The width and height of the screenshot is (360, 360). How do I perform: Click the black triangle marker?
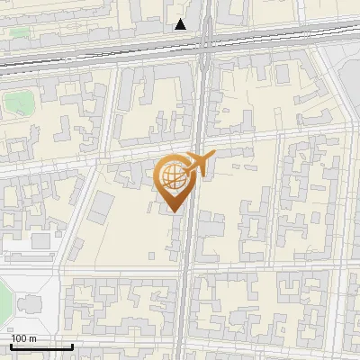[181, 24]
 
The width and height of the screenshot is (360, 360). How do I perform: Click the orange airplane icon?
[199, 163]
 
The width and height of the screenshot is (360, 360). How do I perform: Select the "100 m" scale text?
[23, 338]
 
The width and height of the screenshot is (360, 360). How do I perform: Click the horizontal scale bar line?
[41, 346]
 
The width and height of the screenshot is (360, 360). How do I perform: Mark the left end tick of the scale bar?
[11, 345]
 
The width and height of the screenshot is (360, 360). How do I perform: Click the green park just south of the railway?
[16, 101]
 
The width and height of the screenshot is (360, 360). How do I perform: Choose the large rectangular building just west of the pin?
[99, 206]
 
